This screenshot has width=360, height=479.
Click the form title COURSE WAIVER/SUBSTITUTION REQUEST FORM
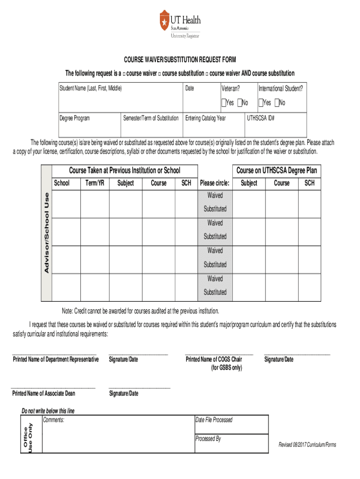click(x=180, y=60)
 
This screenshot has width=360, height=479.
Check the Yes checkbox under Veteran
click(x=223, y=102)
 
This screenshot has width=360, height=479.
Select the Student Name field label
click(x=90, y=88)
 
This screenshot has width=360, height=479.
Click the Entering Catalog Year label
click(x=205, y=118)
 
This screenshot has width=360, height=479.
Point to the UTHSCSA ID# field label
click(x=261, y=118)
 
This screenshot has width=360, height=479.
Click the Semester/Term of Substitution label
click(x=151, y=118)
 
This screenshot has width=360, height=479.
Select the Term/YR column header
click(x=94, y=183)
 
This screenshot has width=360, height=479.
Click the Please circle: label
click(x=215, y=183)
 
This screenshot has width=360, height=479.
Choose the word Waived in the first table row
click(x=215, y=195)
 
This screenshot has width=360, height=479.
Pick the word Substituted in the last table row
click(x=215, y=292)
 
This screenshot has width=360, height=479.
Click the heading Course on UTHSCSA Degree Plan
click(x=276, y=170)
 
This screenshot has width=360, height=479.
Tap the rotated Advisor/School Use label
click(x=47, y=232)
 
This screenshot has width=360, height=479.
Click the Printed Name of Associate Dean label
click(x=44, y=393)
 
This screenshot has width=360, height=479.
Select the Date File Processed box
click(x=231, y=424)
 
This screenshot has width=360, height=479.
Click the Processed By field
click(x=231, y=443)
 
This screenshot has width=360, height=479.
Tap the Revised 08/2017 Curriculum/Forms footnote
click(x=307, y=444)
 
